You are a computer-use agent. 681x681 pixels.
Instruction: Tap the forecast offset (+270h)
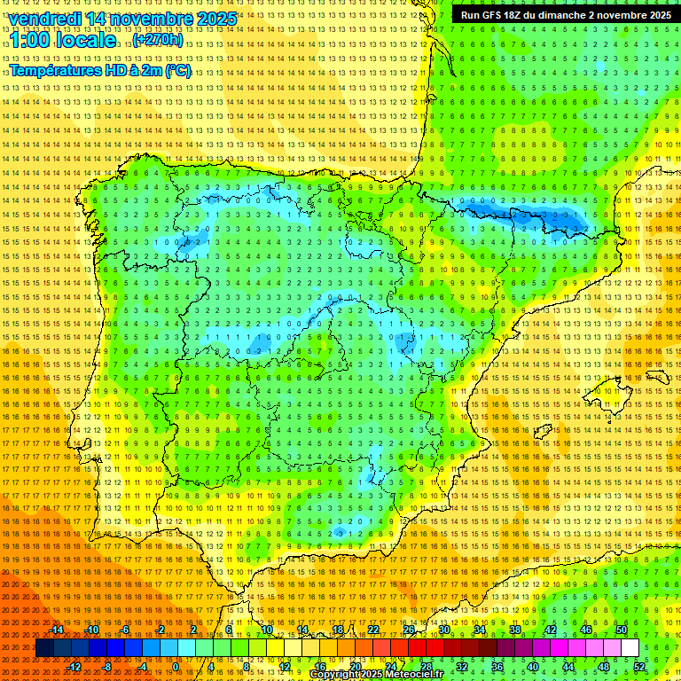(158, 40)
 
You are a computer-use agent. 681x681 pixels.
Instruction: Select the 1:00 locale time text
(63, 40)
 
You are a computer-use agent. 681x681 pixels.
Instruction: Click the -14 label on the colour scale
(57, 630)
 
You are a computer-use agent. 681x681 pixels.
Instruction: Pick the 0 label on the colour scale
(176, 667)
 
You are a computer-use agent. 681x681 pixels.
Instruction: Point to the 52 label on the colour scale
(639, 667)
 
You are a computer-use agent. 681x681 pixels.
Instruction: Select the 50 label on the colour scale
(622, 630)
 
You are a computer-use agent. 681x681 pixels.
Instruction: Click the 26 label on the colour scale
(409, 630)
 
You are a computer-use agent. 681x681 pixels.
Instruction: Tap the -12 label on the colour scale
(74, 667)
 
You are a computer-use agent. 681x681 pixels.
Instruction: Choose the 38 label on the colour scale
(515, 630)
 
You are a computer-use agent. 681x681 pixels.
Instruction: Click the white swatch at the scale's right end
(630, 648)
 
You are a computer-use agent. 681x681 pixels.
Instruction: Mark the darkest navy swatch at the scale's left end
(44, 648)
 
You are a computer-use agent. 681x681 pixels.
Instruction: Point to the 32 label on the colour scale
(462, 667)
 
